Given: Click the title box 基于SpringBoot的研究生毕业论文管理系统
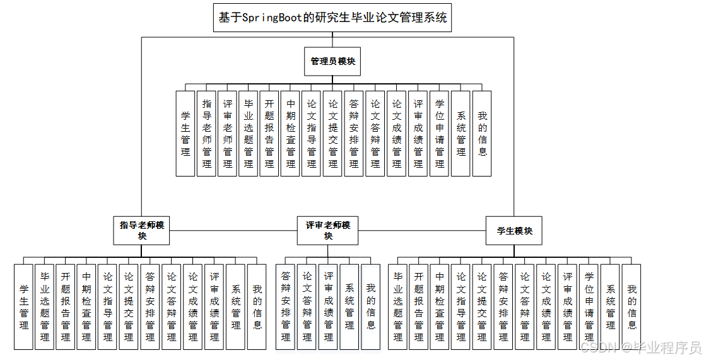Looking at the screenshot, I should pos(333,18).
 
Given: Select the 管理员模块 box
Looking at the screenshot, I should pos(333,62).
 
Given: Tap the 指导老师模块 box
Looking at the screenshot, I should pos(142,230).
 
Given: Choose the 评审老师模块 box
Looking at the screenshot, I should pos(328,230).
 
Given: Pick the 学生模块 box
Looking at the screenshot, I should pos(514,231).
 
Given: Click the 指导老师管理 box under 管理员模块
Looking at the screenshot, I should pos(207,133).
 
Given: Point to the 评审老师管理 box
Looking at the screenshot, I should pos(228,133).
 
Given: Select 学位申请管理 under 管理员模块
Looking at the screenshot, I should pos(440,133).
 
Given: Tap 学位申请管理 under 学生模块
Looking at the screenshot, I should pos(589,306).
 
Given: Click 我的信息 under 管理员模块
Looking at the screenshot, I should pos(482,133).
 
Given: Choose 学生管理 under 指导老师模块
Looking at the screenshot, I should pos(24,306).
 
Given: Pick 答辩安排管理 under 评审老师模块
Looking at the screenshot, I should pos(286,306).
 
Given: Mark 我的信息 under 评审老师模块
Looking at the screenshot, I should pos(371,306).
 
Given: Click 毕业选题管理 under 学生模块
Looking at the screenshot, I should pos(397,306).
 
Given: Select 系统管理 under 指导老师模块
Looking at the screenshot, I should pos(236,306).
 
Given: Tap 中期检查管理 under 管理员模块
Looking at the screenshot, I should pos(291,133).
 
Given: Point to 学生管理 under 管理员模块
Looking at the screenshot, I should pos(185,133).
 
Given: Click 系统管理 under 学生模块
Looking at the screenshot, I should pos(610,306).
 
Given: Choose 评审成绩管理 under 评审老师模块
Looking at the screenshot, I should pos(328,306).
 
